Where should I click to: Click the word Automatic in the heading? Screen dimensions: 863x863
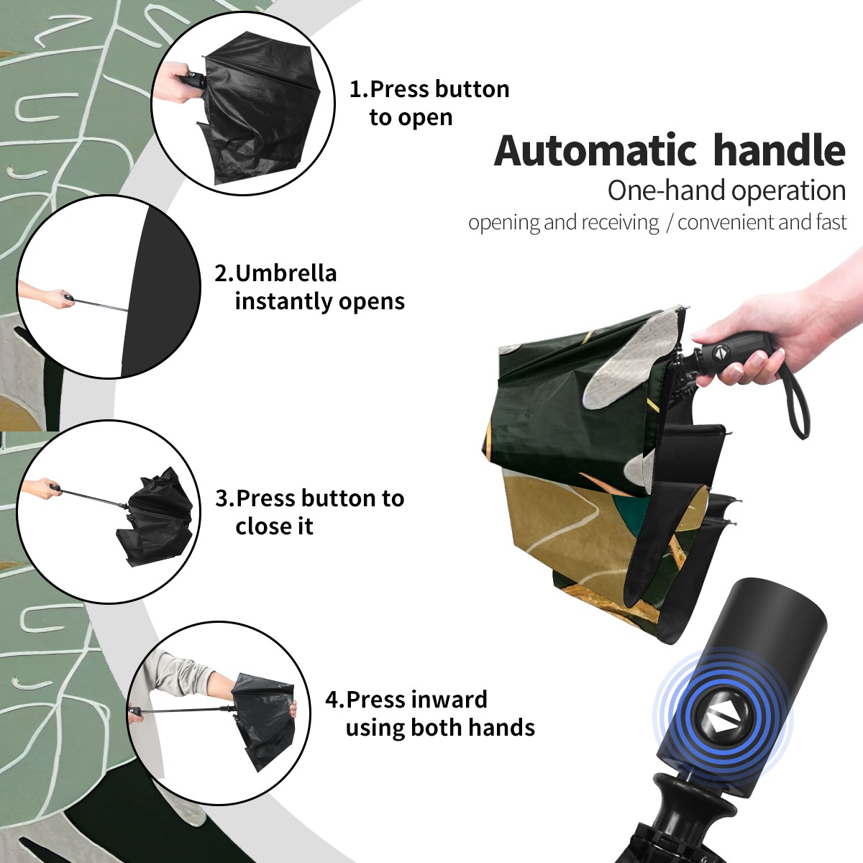(x=595, y=151)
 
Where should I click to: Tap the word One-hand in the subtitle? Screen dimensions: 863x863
(x=667, y=191)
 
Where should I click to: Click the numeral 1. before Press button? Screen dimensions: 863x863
(x=358, y=89)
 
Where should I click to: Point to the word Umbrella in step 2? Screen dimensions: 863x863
(x=286, y=273)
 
